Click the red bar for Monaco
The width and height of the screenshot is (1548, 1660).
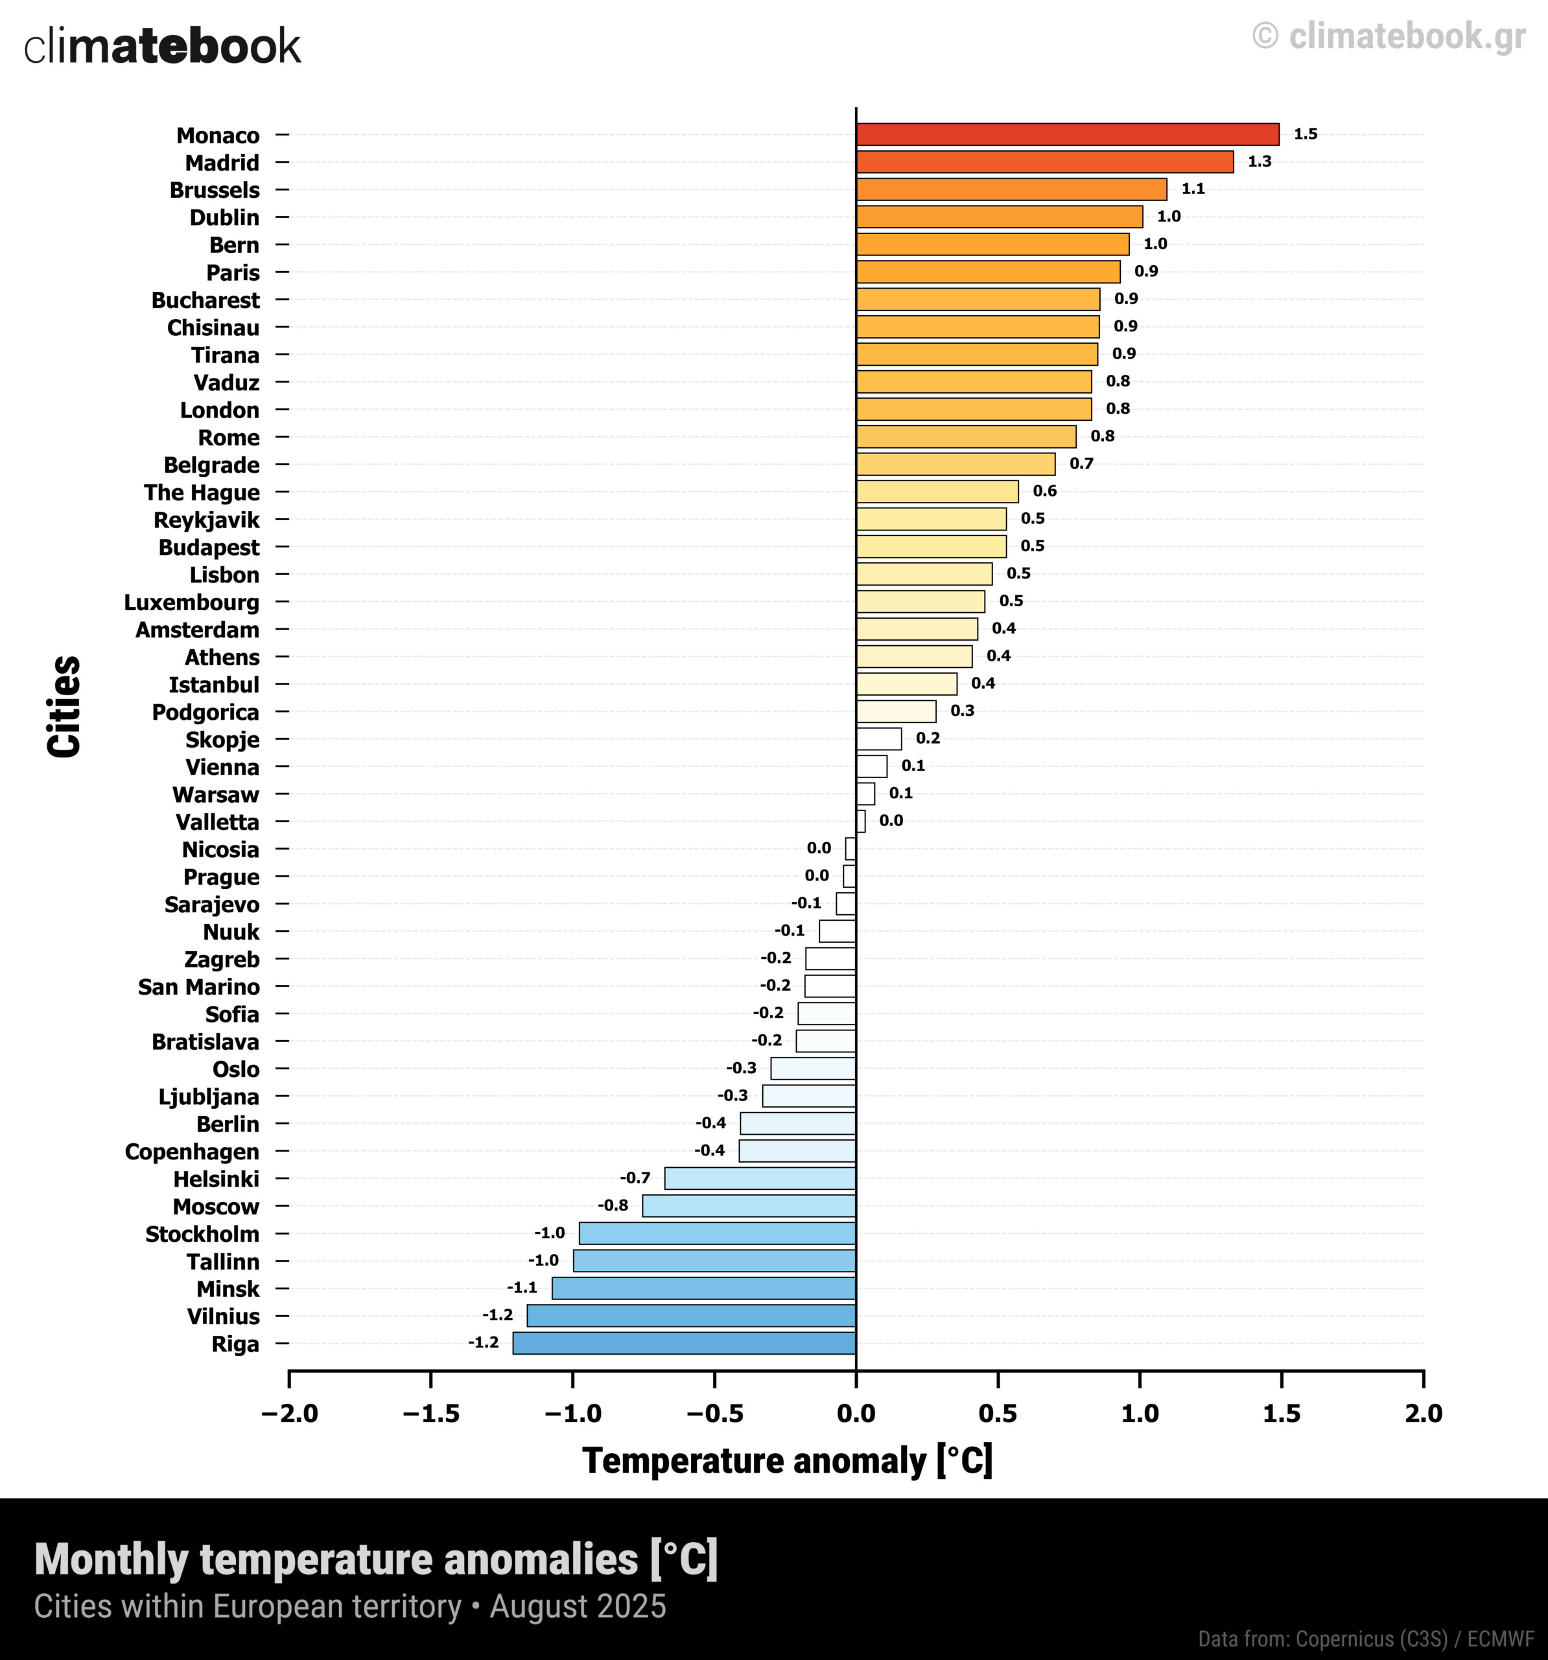[x=1067, y=134]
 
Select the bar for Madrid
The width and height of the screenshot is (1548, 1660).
[x=1044, y=162]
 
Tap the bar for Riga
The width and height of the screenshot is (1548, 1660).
[x=684, y=1344]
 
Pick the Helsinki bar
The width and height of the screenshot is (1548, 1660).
[x=760, y=1178]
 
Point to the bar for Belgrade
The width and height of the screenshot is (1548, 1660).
[x=956, y=464]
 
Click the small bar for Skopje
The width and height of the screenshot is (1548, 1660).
[x=878, y=739]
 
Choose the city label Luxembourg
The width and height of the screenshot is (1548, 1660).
[x=191, y=602]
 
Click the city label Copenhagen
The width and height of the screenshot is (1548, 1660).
[x=192, y=1152]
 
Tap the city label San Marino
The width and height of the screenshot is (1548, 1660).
[x=199, y=987]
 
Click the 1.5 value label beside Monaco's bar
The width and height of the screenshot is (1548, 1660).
[x=1305, y=134]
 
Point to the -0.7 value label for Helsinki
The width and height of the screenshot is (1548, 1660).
[x=635, y=1178]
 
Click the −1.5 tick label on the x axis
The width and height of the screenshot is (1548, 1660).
[x=431, y=1414]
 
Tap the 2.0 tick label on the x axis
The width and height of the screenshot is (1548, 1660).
[x=1423, y=1414]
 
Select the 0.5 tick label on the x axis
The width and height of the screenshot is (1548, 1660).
[x=998, y=1414]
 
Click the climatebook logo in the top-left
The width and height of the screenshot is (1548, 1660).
[x=162, y=46]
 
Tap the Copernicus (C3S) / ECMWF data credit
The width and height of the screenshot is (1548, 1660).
[x=1365, y=1639]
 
